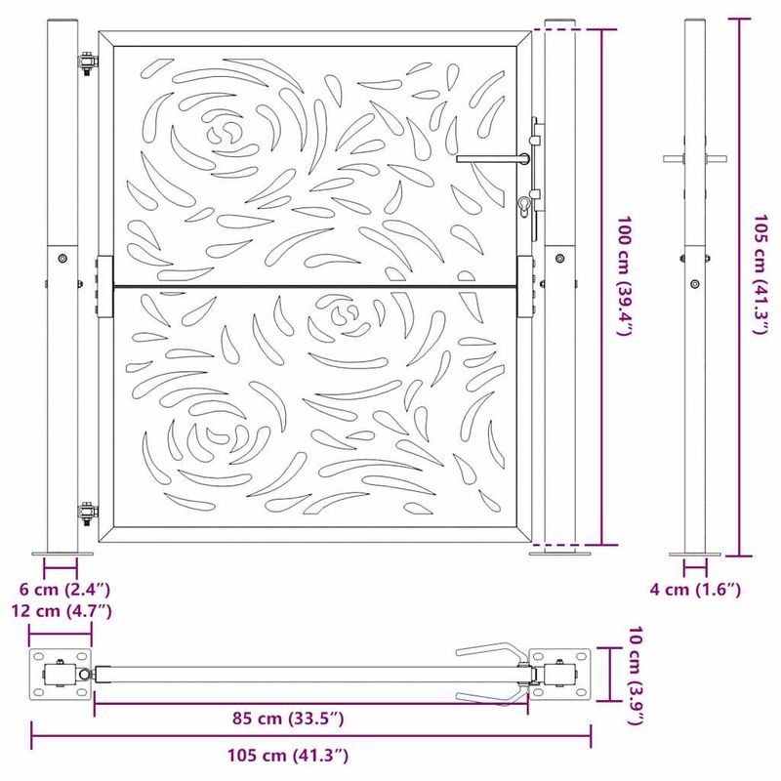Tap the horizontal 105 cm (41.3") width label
click(282, 755)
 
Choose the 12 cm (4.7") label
click(61, 611)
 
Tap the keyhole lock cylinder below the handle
click(525, 204)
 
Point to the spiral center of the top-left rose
click(226, 130)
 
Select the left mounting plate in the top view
click(60, 675)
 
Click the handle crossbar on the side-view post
click(694, 158)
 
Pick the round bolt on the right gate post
click(559, 259)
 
